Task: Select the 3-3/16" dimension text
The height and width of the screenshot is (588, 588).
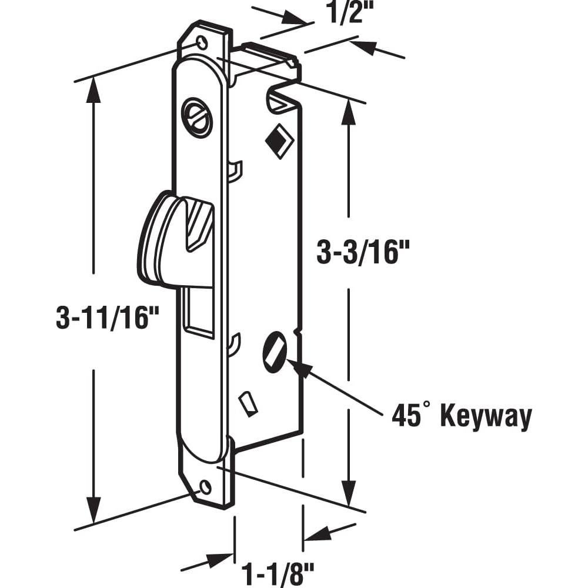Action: click(362, 253)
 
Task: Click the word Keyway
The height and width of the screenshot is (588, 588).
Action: click(486, 417)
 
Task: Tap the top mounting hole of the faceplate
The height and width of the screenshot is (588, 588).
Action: click(202, 42)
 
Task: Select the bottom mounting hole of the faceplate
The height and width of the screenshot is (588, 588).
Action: click(205, 487)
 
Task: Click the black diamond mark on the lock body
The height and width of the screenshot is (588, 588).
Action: click(279, 141)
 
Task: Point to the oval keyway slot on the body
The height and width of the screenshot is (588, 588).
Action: click(275, 352)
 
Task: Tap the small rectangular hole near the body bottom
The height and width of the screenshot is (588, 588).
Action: click(248, 405)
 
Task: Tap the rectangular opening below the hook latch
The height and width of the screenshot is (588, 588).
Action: click(198, 312)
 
